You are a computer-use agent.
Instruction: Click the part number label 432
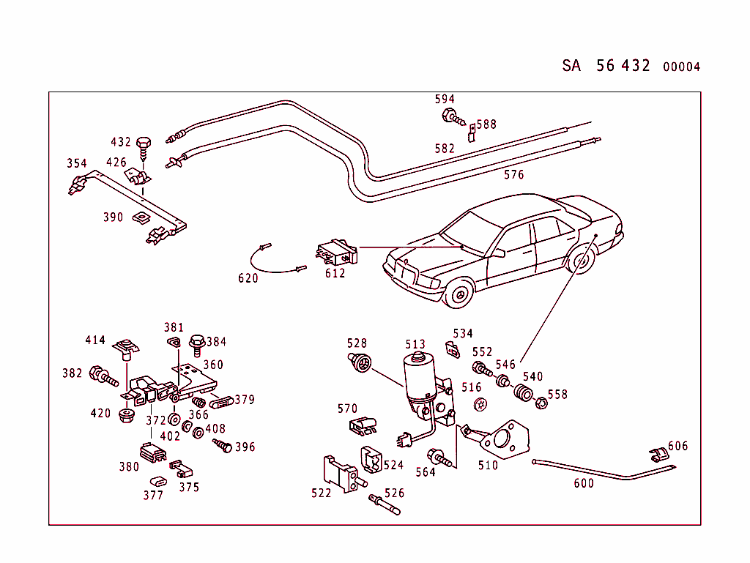[x=121, y=142]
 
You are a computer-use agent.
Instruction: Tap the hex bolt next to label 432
[x=144, y=149]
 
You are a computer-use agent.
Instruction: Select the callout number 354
[x=76, y=163]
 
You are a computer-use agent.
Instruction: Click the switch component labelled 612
[x=337, y=252]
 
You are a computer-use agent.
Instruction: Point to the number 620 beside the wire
[x=248, y=278]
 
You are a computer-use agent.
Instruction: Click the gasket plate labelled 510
[x=505, y=439]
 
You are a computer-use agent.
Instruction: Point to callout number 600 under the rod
[x=584, y=483]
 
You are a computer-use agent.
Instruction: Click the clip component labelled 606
[x=659, y=455]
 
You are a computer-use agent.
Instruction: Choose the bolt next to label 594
[x=453, y=117]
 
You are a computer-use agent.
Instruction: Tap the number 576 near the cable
[x=513, y=175]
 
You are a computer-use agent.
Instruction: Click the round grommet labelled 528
[x=360, y=362]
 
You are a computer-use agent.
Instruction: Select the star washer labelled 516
[x=480, y=404]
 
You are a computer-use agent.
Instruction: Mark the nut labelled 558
[x=541, y=403]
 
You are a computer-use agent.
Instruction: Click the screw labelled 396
[x=223, y=445]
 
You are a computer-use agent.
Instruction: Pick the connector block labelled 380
[x=153, y=453]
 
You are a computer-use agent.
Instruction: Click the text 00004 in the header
[x=682, y=67]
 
